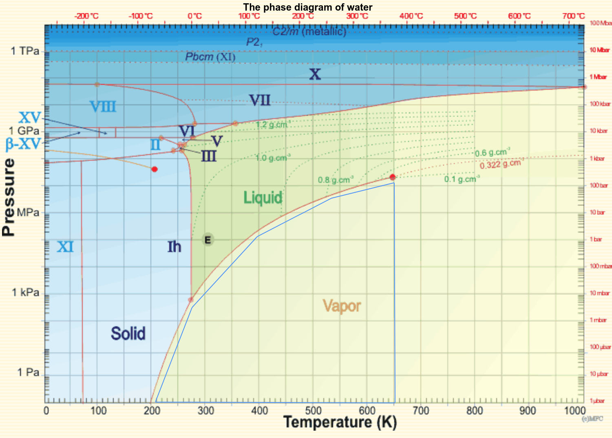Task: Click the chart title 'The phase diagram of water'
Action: [307, 7]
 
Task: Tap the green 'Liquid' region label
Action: [263, 198]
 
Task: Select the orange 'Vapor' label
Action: [342, 306]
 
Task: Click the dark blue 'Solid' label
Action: [128, 334]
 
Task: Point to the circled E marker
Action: [208, 240]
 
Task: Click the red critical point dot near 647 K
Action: [392, 177]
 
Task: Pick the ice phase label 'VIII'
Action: [103, 107]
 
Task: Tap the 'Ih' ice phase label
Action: [174, 247]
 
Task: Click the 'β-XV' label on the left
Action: [23, 144]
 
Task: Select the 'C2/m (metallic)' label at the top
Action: [309, 31]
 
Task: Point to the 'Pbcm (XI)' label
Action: [210, 57]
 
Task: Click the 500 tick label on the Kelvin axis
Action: [313, 410]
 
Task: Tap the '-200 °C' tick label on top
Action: [86, 16]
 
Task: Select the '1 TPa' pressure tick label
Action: [25, 51]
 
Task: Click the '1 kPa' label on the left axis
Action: [26, 292]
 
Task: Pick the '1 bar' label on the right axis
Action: [596, 239]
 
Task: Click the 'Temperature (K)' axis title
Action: [340, 423]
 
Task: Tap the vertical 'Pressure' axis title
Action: [9, 197]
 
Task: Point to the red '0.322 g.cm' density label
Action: [500, 164]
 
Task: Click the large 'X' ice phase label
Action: [315, 74]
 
